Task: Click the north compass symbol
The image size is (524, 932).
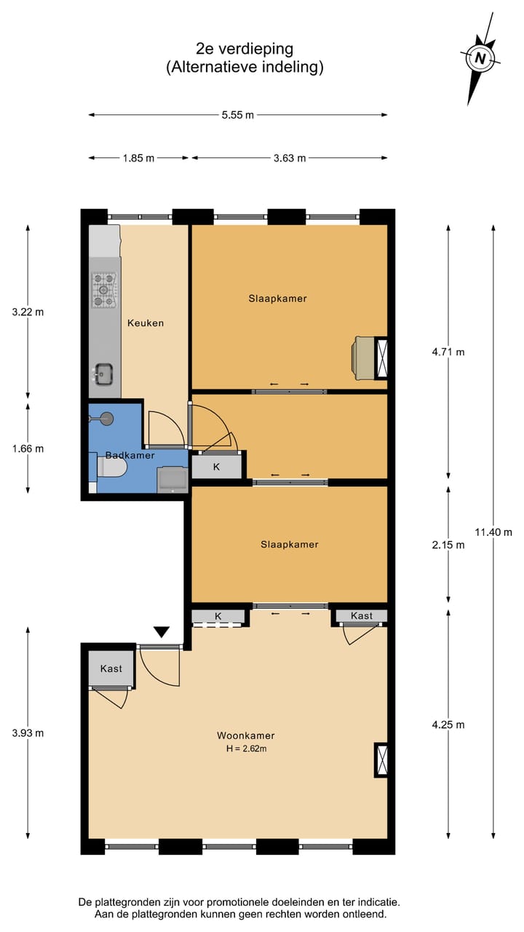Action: [x=479, y=58]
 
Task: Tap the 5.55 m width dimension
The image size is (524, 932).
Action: [x=238, y=114]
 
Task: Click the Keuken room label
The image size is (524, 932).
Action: [x=146, y=323]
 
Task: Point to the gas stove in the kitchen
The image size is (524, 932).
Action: [x=104, y=289]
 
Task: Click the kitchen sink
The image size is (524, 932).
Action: [x=104, y=374]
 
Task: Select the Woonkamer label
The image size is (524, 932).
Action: [x=245, y=735]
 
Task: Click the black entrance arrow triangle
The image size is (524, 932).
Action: [x=162, y=633]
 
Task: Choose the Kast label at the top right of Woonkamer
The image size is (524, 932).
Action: [x=361, y=616]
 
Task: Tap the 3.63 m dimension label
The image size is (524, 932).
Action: [x=289, y=158]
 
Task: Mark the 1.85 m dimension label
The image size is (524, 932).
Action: [x=138, y=158]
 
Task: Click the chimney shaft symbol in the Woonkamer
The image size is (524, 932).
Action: [x=381, y=759]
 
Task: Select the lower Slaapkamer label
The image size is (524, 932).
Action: [x=289, y=544]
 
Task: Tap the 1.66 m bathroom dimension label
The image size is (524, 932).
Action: [x=28, y=449]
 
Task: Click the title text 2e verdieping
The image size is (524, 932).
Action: [x=245, y=49]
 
